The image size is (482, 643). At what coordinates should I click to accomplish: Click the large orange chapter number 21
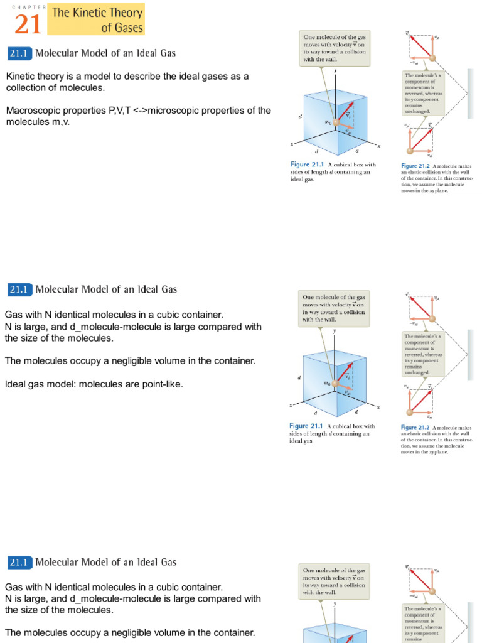[x=27, y=24]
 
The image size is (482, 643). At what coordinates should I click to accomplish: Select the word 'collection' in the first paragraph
[x=26, y=88]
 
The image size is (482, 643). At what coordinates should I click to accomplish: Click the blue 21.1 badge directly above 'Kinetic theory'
[x=18, y=53]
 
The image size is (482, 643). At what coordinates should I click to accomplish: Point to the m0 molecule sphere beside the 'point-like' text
[x=336, y=382]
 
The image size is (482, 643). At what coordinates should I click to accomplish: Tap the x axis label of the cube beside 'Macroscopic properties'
[x=378, y=146]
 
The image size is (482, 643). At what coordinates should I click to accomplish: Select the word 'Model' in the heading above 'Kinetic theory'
[x=92, y=53]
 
